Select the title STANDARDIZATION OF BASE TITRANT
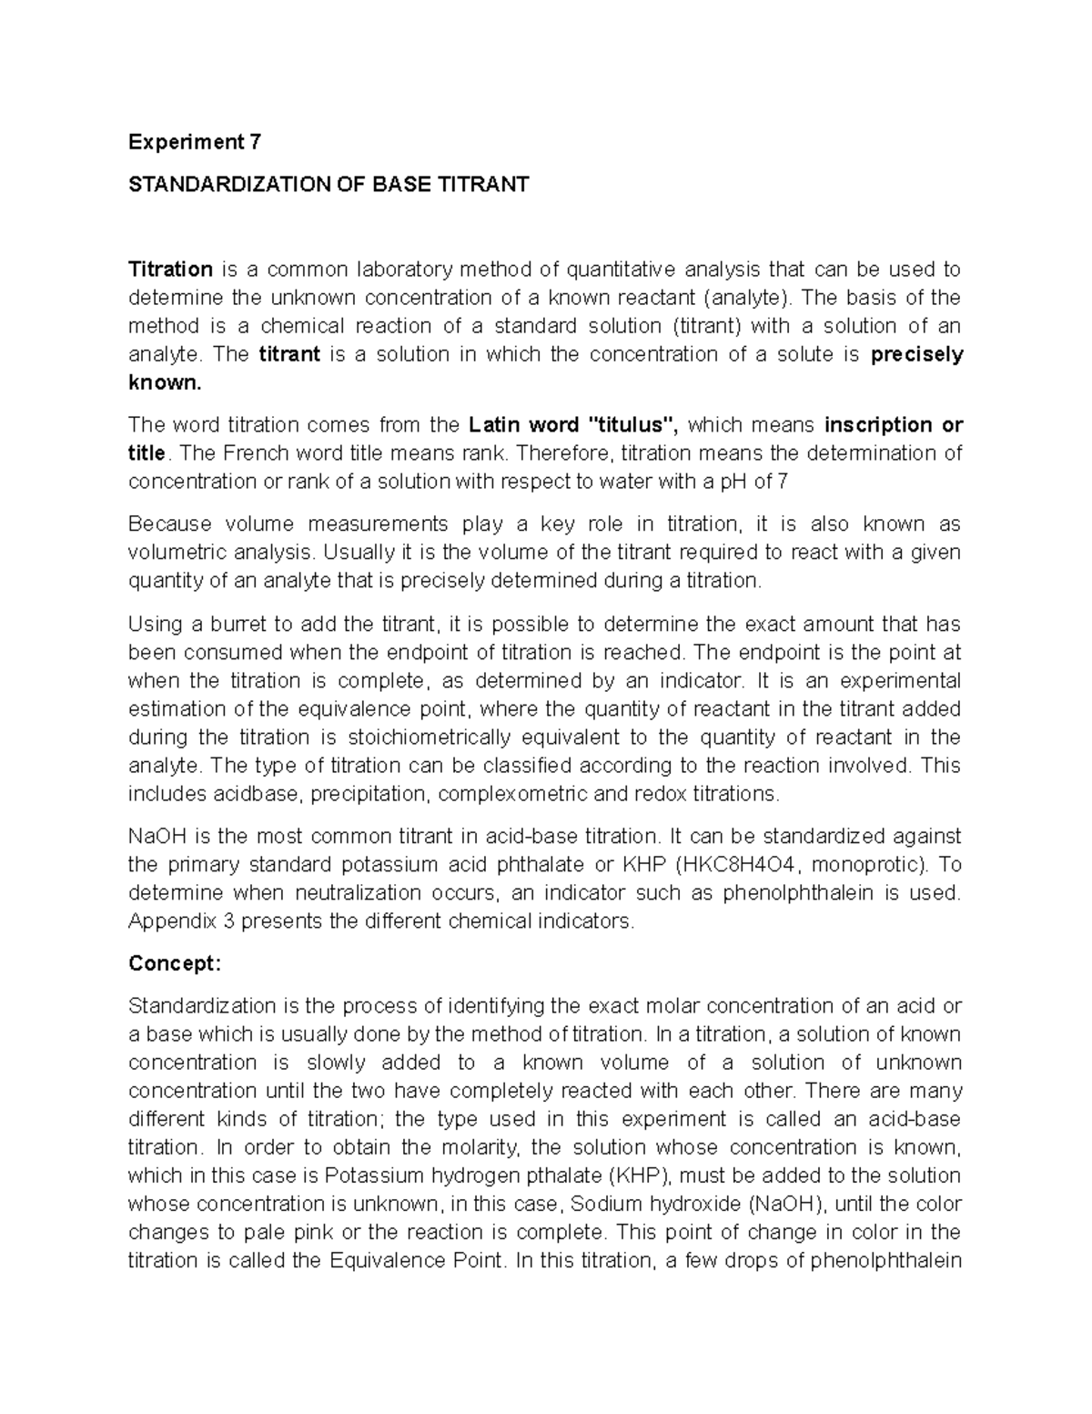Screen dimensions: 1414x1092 329,185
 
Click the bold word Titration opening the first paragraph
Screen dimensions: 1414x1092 170,270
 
